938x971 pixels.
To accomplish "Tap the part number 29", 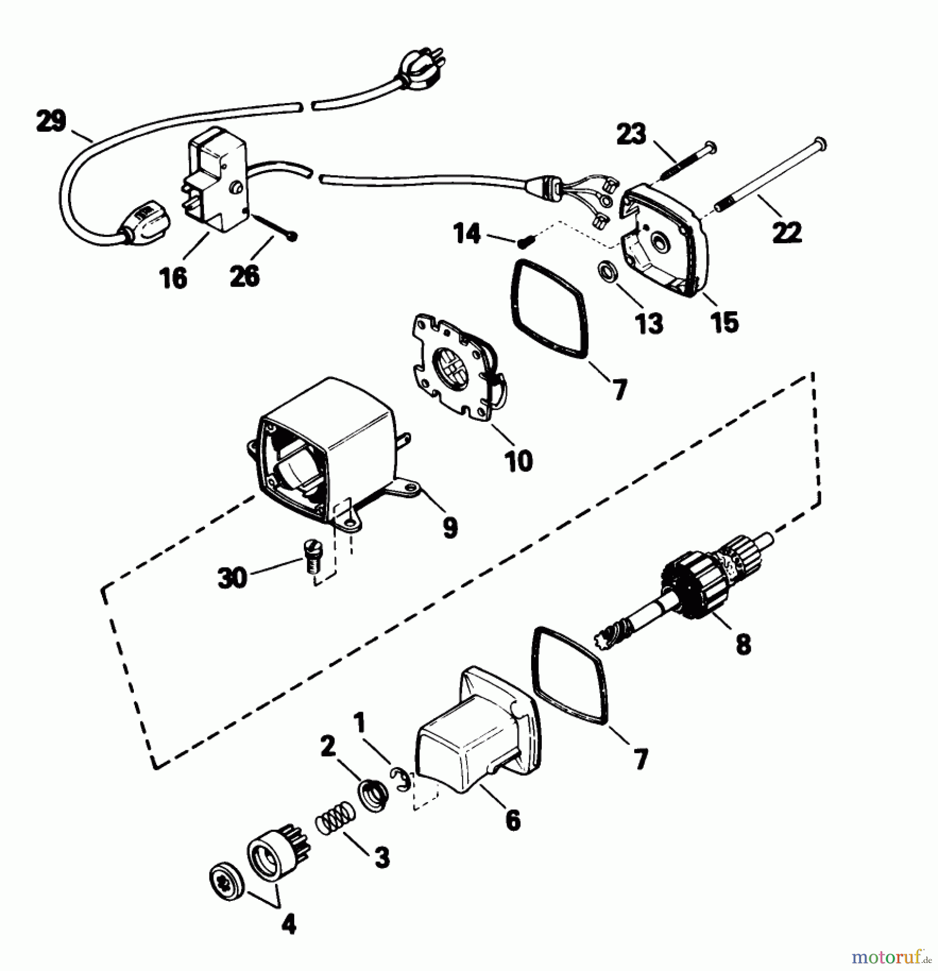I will point(51,121).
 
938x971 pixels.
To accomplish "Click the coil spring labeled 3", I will point(335,819).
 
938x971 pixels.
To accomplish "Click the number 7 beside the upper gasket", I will point(620,389).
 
